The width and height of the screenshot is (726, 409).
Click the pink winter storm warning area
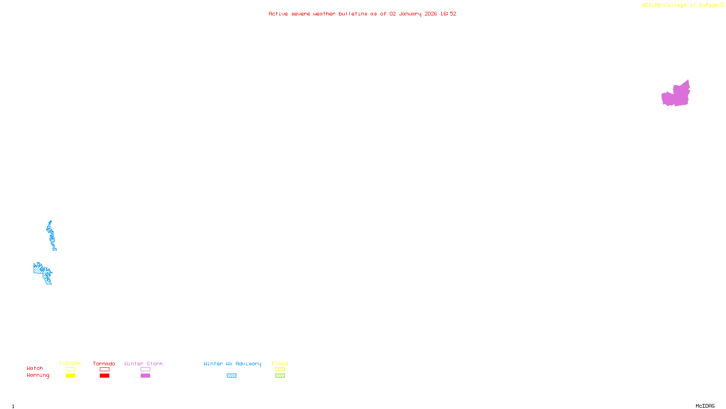(676, 95)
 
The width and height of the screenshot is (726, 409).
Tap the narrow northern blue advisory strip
(51, 235)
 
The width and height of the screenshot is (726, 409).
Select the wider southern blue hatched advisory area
(42, 272)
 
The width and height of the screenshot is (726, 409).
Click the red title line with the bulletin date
(362, 14)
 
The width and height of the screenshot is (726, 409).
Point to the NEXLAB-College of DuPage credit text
(680, 5)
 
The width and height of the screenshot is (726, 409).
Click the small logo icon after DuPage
(722, 5)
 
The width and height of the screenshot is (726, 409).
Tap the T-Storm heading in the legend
(70, 364)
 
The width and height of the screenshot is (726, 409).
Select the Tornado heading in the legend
(104, 364)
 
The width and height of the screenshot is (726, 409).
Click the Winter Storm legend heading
(143, 364)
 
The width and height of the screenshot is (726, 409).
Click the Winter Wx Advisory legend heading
(232, 364)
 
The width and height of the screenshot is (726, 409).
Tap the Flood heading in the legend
(280, 364)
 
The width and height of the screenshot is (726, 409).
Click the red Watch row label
(35, 368)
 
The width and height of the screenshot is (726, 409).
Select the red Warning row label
(38, 375)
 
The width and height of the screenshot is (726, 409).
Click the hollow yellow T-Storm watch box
(70, 369)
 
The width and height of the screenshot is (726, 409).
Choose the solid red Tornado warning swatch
(104, 376)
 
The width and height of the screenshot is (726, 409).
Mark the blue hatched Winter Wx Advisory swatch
(231, 376)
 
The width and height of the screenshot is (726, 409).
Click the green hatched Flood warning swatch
(280, 376)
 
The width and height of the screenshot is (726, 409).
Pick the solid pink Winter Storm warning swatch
(145, 376)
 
